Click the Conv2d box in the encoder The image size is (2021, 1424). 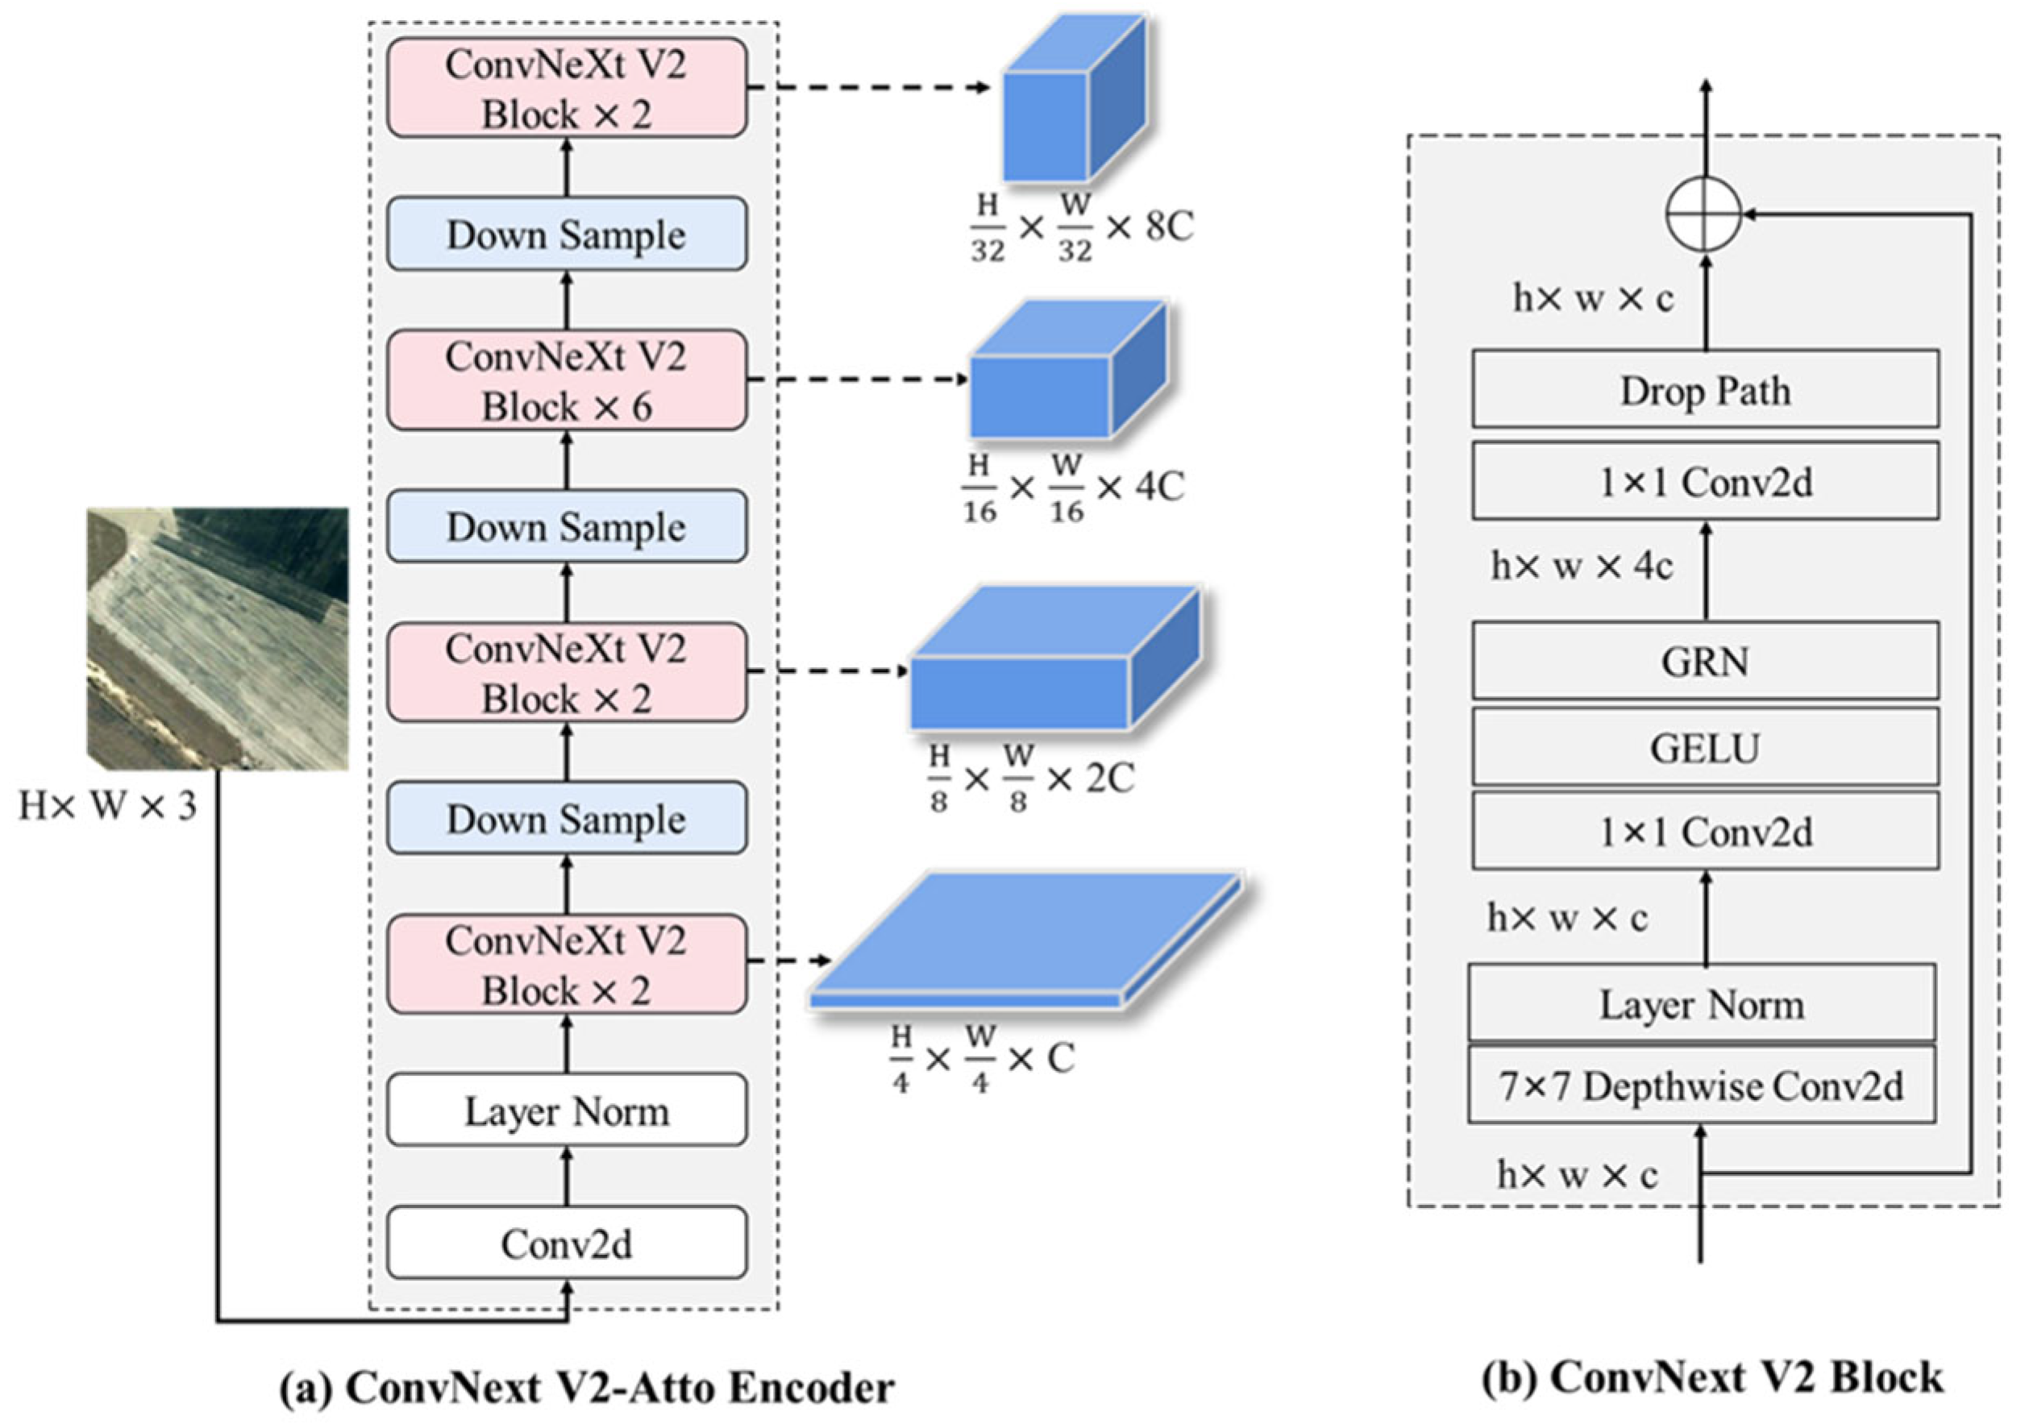(566, 1243)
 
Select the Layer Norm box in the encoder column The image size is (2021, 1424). (566, 1110)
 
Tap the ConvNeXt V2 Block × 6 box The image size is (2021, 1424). (566, 380)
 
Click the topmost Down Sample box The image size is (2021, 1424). (566, 234)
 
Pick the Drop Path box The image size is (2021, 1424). (1704, 390)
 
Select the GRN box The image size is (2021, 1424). (1704, 660)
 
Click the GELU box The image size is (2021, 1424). (1704, 747)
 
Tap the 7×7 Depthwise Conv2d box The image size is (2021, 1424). (1701, 1086)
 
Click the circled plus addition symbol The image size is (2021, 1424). (1703, 214)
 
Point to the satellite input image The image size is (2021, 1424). (218, 639)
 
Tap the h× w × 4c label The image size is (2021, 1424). (1581, 566)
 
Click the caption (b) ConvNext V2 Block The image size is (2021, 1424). (1712, 1377)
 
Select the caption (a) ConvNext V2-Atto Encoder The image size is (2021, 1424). (587, 1388)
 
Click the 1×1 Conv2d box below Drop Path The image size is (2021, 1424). (1704, 480)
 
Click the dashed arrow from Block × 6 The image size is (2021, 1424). (859, 380)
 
